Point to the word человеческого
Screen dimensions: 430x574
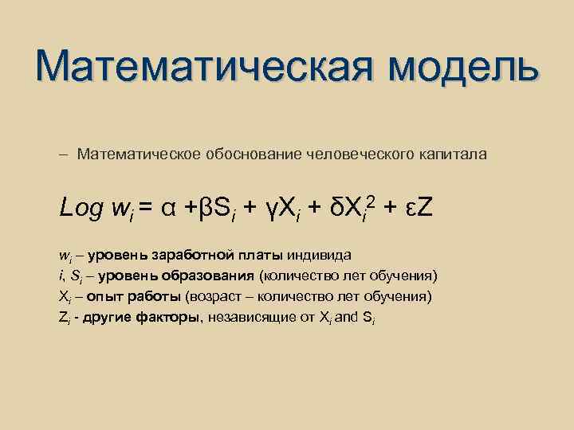[359, 153]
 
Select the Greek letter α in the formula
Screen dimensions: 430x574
[169, 209]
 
